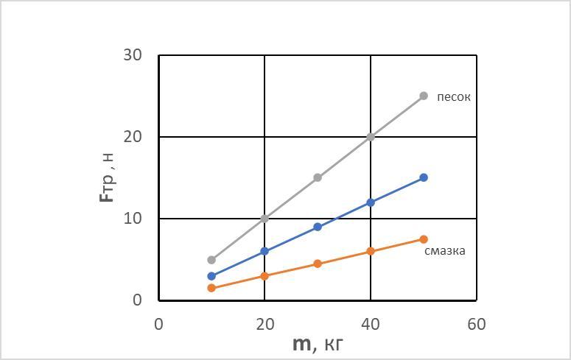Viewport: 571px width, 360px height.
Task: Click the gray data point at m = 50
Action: click(x=424, y=96)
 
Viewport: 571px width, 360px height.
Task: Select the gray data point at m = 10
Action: click(x=211, y=260)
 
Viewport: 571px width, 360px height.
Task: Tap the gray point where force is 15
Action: click(x=318, y=177)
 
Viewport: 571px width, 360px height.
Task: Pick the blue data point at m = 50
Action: click(x=424, y=177)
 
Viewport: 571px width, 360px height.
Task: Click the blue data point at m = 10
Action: click(x=211, y=276)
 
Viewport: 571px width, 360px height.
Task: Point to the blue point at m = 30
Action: click(x=318, y=227)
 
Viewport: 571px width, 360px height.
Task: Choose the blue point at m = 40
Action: click(x=371, y=202)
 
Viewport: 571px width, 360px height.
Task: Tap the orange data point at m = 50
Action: click(x=424, y=239)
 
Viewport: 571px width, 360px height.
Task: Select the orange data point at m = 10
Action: click(x=211, y=288)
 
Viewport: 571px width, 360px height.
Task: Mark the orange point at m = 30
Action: click(x=318, y=264)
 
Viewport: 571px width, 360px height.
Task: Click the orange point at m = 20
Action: click(x=265, y=276)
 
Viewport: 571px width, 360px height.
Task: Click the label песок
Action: click(x=453, y=97)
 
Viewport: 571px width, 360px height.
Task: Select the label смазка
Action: click(x=444, y=251)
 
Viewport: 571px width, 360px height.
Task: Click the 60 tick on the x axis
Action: click(x=477, y=324)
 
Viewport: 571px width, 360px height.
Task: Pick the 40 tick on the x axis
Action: click(x=371, y=324)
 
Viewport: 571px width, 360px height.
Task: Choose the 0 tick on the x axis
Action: click(x=158, y=324)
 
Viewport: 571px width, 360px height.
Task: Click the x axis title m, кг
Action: click(x=318, y=345)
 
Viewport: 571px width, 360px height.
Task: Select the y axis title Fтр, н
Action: click(x=108, y=177)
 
